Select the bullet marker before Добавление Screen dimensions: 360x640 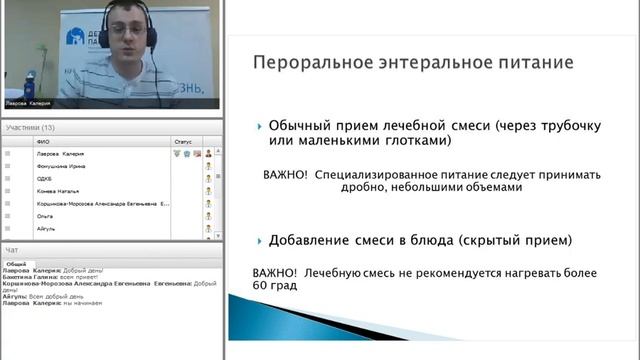point(260,241)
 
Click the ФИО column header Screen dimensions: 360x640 point(42,142)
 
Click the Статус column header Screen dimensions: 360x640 point(182,142)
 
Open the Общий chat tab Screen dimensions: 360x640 point(17,263)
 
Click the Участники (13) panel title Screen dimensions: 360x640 point(30,127)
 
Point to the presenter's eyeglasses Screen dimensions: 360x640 point(130,31)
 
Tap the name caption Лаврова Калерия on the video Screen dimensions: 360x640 point(28,103)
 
